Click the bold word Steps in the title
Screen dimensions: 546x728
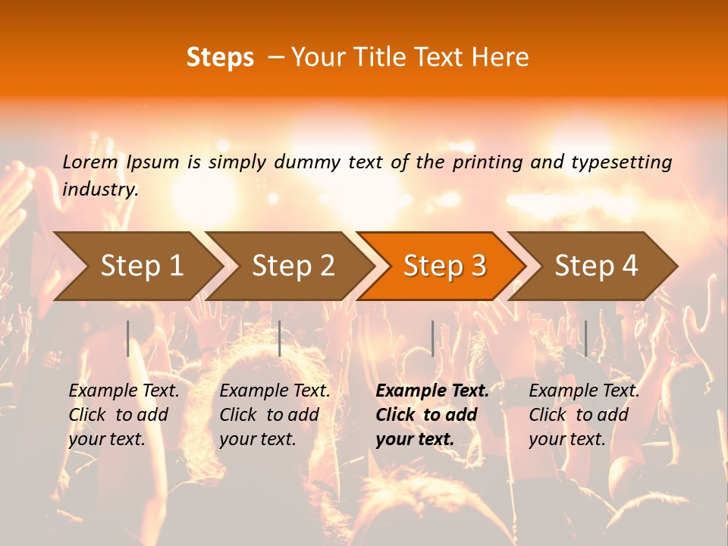pos(220,58)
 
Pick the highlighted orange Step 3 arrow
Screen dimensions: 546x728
pos(444,265)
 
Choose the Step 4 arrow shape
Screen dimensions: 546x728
pos(596,265)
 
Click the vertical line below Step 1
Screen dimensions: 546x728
pos(128,338)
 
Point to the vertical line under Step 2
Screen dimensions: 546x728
pos(280,338)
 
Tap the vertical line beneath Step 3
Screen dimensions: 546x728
pos(432,338)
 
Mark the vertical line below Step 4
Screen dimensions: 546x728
pos(585,338)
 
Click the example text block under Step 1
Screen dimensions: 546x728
pos(124,415)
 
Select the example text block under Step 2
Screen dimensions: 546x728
pos(275,415)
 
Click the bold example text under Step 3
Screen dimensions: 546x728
pos(432,415)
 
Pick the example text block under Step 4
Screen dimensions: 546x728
pos(584,415)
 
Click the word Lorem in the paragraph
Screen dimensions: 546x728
pos(90,162)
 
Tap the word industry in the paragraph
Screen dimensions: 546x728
pos(100,190)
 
